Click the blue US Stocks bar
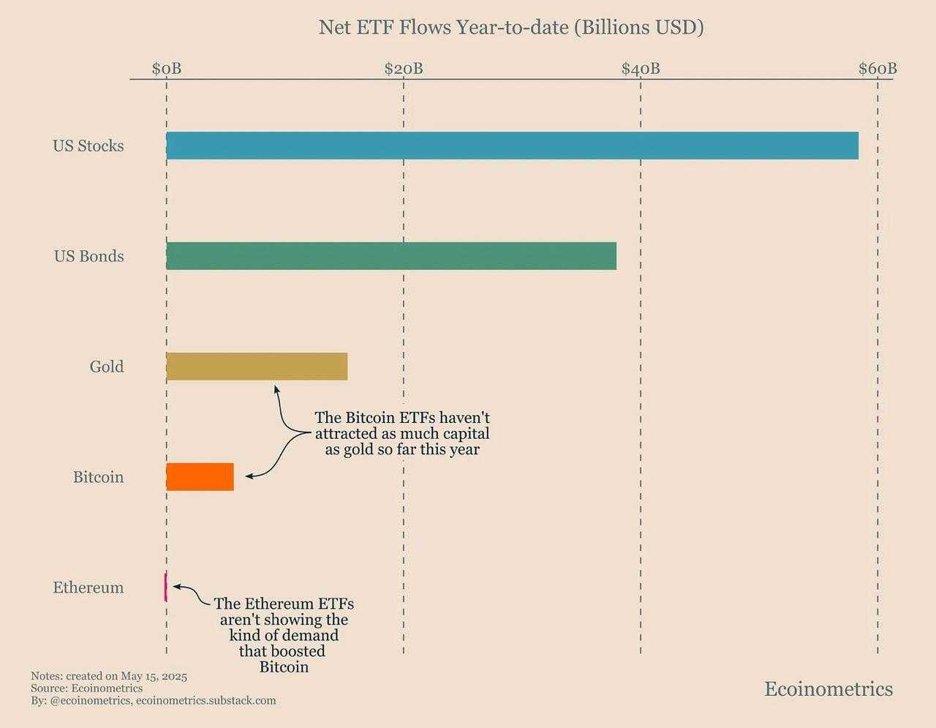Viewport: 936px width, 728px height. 512,146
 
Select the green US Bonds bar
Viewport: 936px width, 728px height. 391,256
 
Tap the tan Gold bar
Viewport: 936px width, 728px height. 257,366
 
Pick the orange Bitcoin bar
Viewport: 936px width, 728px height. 200,477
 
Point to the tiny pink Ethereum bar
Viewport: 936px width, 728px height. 166,588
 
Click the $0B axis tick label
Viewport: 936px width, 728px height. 167,69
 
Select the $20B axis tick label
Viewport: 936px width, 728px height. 404,69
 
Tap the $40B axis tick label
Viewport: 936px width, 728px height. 641,69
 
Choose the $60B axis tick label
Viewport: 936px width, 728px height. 877,69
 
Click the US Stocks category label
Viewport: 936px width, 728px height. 88,146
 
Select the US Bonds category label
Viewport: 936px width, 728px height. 89,256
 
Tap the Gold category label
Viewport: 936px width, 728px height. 107,367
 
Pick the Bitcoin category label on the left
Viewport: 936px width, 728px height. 98,477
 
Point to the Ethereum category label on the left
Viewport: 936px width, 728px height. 88,588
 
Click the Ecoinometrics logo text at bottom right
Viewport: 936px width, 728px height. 829,689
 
